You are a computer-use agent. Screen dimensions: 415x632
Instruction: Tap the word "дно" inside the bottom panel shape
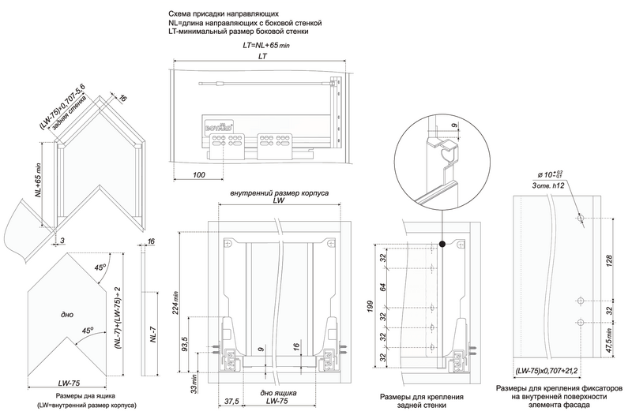pos(56,315)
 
